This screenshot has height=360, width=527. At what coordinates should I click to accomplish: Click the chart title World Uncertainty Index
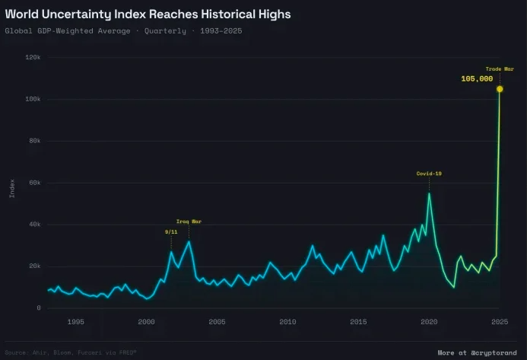click(148, 14)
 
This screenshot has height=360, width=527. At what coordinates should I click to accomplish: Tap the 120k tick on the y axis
click(33, 58)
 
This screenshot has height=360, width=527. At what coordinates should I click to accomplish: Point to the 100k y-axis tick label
click(33, 100)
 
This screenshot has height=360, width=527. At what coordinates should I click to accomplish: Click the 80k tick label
click(34, 142)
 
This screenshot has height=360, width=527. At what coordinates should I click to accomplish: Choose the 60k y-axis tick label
click(34, 183)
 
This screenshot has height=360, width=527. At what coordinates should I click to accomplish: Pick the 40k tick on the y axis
click(34, 225)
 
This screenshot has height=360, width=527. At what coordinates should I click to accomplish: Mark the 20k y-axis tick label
click(34, 266)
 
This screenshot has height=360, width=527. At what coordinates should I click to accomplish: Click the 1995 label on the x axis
click(75, 322)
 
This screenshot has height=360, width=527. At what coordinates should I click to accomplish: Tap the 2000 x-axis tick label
click(146, 322)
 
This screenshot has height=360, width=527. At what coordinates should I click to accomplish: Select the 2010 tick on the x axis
click(287, 322)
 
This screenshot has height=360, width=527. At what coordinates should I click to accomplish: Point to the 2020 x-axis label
click(429, 322)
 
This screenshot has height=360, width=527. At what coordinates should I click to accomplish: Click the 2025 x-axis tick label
click(499, 322)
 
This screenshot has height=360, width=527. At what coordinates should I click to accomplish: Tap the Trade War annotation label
click(500, 68)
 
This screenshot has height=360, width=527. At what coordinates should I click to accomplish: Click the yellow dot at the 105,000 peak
click(500, 89)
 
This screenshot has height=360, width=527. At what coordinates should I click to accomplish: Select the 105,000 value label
click(477, 78)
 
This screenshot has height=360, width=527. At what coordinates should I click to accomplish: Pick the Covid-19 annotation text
click(429, 174)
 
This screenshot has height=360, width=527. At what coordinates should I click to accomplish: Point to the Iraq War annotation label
click(189, 221)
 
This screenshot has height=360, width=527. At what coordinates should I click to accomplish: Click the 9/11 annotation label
click(171, 231)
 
